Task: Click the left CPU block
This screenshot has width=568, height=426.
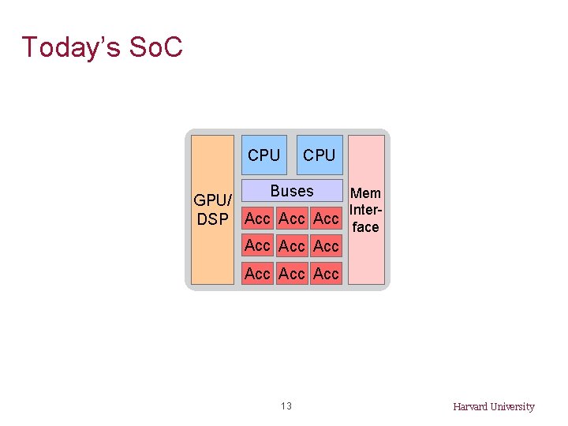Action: tap(263, 155)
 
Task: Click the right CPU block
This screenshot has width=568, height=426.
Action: tap(319, 155)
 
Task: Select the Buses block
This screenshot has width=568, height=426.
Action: tap(291, 191)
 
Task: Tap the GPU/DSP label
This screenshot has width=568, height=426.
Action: tap(212, 210)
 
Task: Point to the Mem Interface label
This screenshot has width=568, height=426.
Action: tap(366, 210)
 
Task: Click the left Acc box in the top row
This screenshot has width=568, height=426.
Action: tap(257, 218)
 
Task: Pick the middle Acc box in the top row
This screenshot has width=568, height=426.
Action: tap(292, 218)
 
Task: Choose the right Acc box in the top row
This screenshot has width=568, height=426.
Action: tap(326, 218)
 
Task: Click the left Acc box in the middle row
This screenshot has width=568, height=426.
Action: tap(257, 245)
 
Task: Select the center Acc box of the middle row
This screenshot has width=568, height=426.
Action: tap(292, 246)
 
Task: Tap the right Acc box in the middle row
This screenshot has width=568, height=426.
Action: tap(326, 246)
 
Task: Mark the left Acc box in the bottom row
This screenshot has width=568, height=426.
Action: tap(257, 274)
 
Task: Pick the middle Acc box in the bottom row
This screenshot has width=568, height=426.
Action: tap(292, 274)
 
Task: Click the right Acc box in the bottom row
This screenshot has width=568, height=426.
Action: tap(326, 274)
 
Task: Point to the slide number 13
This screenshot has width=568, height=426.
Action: tap(286, 406)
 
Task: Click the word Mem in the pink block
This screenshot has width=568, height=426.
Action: tap(365, 193)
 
